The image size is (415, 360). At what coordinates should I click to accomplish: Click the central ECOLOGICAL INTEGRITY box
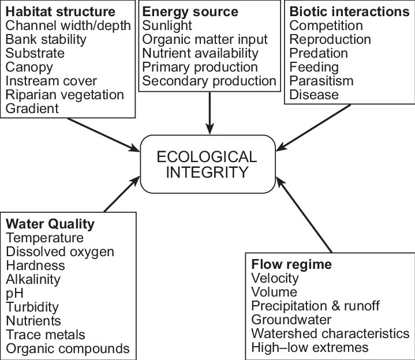[207, 164]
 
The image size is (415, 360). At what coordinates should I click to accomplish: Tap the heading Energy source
[190, 11]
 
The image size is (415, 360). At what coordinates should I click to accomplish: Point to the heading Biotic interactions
[349, 11]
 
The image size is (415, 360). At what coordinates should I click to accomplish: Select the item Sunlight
[168, 25]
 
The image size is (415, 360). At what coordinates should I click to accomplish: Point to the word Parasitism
[319, 81]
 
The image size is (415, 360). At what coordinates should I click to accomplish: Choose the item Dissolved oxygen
[60, 252]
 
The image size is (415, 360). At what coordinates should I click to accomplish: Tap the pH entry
[15, 293]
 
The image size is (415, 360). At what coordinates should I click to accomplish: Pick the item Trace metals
[46, 335]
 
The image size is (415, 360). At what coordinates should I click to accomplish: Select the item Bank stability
[46, 39]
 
